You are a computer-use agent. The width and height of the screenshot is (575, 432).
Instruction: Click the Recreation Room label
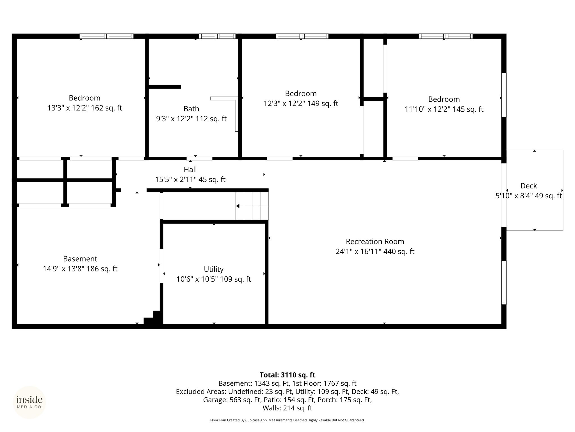click(x=375, y=242)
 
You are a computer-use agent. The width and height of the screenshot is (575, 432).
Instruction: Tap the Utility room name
click(x=214, y=269)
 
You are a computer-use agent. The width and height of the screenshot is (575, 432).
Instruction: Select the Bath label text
click(x=191, y=109)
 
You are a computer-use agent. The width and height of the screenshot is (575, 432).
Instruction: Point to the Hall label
click(x=190, y=169)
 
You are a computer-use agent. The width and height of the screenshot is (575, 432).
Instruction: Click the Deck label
click(x=528, y=186)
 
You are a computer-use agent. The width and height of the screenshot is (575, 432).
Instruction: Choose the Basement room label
click(x=80, y=259)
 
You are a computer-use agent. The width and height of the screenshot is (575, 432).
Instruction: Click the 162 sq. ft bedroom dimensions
click(x=85, y=108)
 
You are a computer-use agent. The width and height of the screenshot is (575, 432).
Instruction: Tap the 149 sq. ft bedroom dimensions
click(x=301, y=103)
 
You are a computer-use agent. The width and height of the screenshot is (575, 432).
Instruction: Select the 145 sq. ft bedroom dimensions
click(x=444, y=109)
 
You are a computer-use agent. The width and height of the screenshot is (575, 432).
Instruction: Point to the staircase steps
click(x=252, y=206)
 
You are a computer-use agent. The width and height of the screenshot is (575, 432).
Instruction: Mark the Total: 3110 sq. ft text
click(x=287, y=375)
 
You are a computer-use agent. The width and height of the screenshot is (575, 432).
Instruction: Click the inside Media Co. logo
click(x=29, y=402)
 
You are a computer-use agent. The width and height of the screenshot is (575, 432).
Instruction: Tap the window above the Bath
click(x=218, y=36)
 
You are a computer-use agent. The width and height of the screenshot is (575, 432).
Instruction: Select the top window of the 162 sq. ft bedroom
click(x=106, y=36)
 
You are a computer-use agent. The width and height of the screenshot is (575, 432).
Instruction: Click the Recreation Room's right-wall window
click(x=504, y=282)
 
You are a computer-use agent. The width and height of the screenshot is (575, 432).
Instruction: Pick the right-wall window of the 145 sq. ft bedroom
click(x=504, y=95)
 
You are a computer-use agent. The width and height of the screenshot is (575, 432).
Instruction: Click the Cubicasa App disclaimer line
click(x=287, y=420)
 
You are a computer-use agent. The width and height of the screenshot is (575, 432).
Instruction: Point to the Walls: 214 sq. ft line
click(x=287, y=408)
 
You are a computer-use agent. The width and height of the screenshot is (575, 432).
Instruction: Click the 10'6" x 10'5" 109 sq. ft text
click(x=214, y=279)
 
